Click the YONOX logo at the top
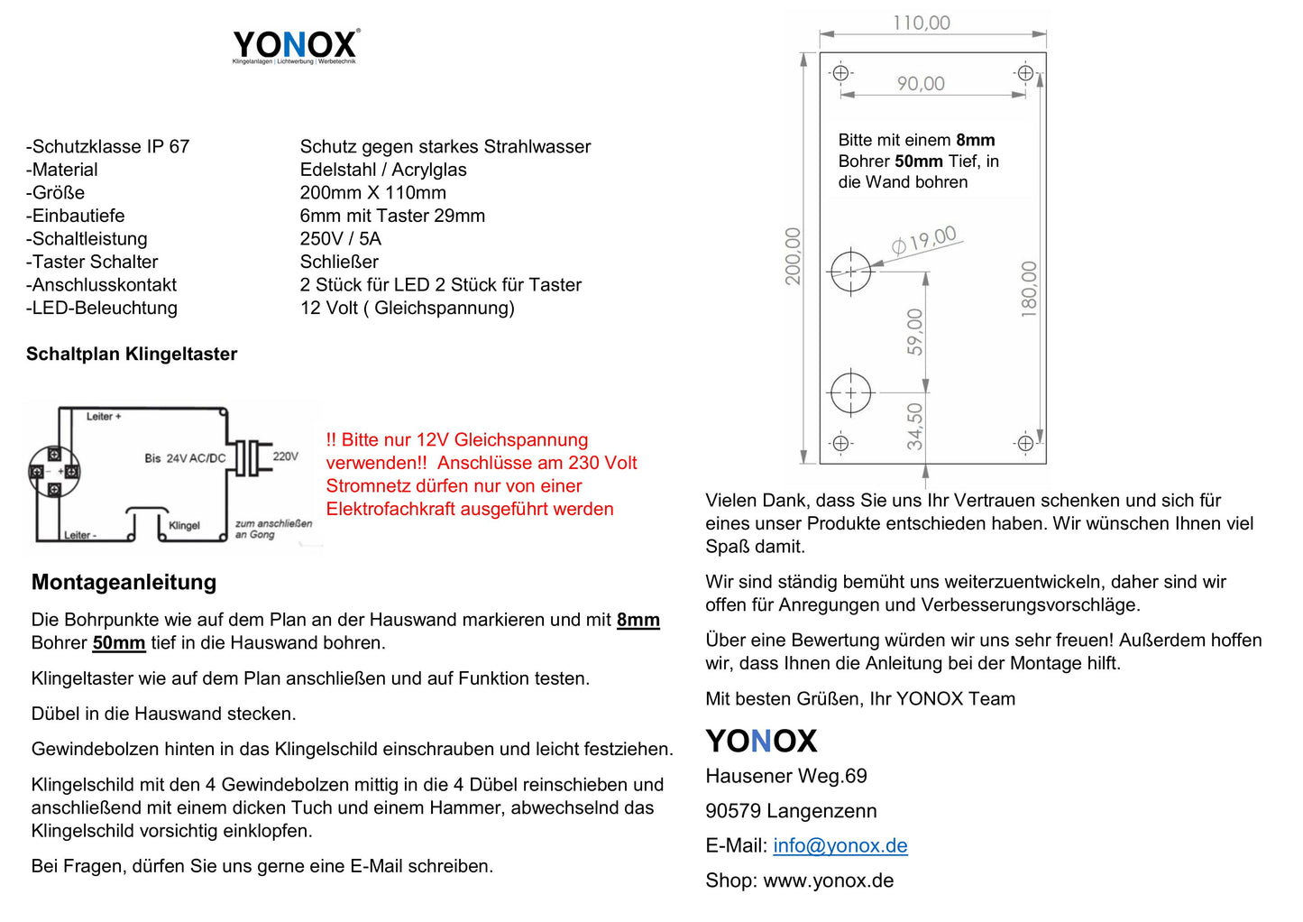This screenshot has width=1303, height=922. click(295, 45)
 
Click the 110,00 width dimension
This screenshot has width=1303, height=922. click(921, 23)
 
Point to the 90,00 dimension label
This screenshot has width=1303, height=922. click(921, 84)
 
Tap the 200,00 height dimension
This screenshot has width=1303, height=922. click(793, 257)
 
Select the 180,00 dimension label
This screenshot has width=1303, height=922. click(1029, 289)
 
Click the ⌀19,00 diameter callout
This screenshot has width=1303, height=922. click(924, 241)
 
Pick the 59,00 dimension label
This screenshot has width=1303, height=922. click(915, 332)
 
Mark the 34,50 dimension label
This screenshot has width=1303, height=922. click(915, 426)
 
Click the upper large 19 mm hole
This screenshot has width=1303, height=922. click(850, 270)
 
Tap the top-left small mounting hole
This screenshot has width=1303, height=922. click(841, 73)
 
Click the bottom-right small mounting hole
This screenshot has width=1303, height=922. click(1025, 443)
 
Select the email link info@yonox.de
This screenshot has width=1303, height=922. click(840, 845)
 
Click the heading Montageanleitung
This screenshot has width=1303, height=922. click(124, 582)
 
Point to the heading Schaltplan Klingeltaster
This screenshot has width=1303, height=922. click(132, 354)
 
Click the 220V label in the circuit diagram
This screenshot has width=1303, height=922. click(285, 456)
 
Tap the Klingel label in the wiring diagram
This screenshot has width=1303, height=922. click(184, 525)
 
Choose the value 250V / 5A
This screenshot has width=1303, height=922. click(341, 238)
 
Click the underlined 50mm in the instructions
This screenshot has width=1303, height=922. click(118, 642)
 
